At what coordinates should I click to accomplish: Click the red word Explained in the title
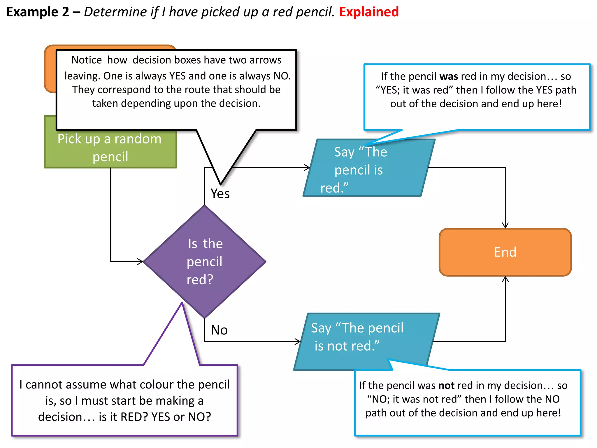(x=369, y=12)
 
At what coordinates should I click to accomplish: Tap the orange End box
(x=505, y=252)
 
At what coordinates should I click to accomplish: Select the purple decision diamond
(x=205, y=262)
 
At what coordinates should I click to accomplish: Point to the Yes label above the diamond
(x=220, y=194)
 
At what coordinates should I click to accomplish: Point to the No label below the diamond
(x=219, y=330)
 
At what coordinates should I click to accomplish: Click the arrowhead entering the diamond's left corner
(x=141, y=261)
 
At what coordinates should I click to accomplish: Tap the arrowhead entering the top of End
(x=505, y=226)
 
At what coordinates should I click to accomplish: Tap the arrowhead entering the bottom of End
(x=505, y=279)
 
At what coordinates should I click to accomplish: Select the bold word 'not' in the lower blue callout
(x=447, y=386)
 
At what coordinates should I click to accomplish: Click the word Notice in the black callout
(x=87, y=60)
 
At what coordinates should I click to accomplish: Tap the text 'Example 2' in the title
(x=38, y=12)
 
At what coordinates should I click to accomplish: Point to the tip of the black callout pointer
(x=221, y=184)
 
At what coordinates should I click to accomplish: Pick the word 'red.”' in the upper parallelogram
(x=334, y=188)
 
